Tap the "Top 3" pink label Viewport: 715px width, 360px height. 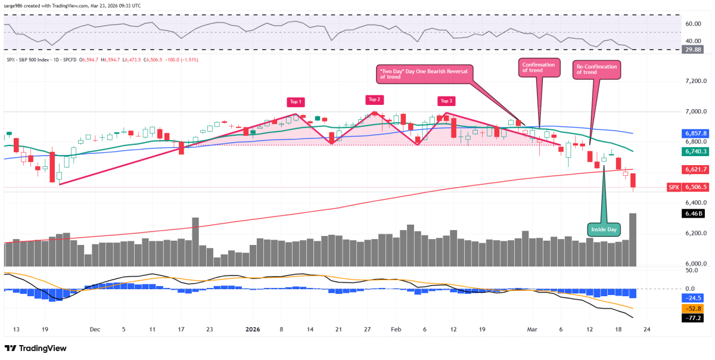446,100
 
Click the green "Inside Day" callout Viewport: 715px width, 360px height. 604,229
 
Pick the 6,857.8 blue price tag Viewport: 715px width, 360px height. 695,134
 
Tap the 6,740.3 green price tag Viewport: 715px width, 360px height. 695,152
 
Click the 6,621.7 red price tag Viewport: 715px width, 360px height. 695,169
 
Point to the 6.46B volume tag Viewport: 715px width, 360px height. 695,212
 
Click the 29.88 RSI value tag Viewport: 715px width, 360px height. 695,49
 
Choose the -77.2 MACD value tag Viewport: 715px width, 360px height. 695,318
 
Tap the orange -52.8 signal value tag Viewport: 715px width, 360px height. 695,309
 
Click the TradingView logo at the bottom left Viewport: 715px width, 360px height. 36,348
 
